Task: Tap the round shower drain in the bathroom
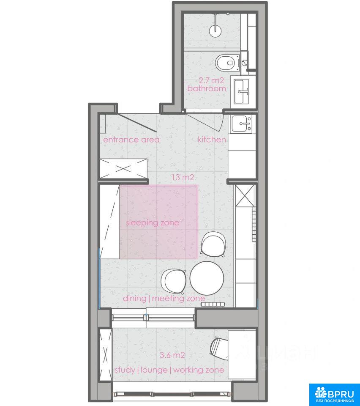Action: tap(215, 31)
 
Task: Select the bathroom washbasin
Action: tap(242, 91)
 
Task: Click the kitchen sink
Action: tap(242, 124)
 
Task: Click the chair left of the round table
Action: tap(174, 281)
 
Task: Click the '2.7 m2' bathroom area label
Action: tap(211, 80)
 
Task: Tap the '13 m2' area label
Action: tap(183, 177)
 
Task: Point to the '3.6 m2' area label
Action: tap(172, 355)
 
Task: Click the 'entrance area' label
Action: tap(131, 140)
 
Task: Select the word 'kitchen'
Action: tap(212, 140)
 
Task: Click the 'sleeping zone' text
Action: tap(153, 223)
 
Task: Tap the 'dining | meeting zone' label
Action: tap(164, 299)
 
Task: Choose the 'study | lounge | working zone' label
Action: tap(169, 370)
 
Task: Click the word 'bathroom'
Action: tap(207, 88)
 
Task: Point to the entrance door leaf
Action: tap(137, 123)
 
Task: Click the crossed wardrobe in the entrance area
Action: tap(124, 169)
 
